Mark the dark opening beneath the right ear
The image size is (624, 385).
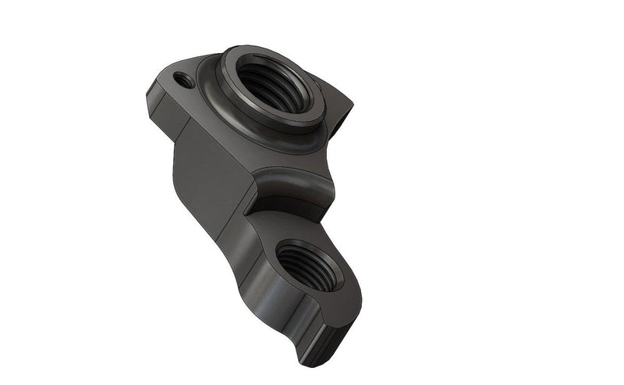click(x=341, y=125)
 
